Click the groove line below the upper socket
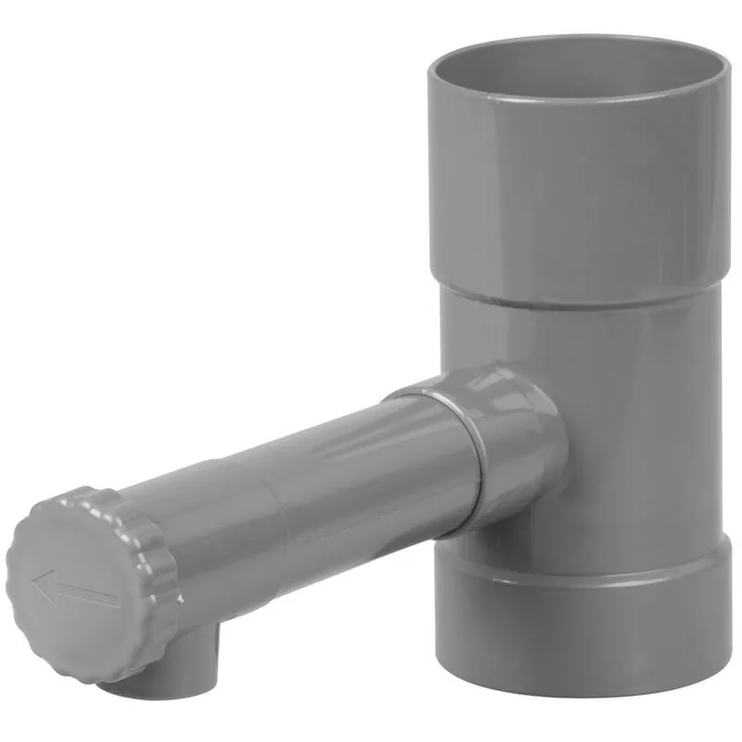pyautogui.click(x=575, y=301)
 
